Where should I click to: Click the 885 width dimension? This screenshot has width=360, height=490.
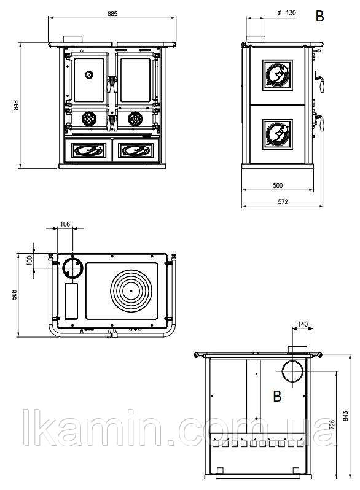[x=112, y=14]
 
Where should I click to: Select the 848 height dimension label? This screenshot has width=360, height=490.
[x=16, y=105]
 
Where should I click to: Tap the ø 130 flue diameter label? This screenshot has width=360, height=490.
[x=286, y=13]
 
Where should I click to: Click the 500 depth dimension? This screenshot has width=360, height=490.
[x=278, y=185]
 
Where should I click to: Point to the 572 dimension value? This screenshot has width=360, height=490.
[x=283, y=201]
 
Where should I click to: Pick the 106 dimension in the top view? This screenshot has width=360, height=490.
[x=65, y=224]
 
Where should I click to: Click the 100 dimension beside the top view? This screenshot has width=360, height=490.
[x=29, y=260]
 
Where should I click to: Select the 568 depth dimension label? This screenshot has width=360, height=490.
[x=14, y=295]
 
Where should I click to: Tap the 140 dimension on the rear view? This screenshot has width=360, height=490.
[x=302, y=324]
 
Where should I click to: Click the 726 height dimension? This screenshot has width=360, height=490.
[x=332, y=425]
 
